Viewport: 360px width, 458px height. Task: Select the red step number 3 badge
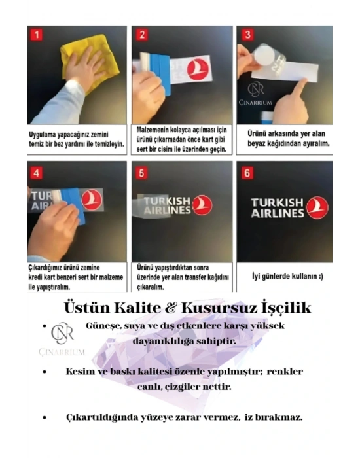(246, 33)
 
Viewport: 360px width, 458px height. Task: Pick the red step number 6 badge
(246, 173)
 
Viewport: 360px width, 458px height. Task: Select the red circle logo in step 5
(203, 205)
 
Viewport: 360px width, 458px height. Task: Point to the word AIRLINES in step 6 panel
(278, 213)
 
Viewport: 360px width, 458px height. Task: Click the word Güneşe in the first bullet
(103, 326)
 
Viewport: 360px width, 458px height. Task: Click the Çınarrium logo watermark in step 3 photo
(257, 93)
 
